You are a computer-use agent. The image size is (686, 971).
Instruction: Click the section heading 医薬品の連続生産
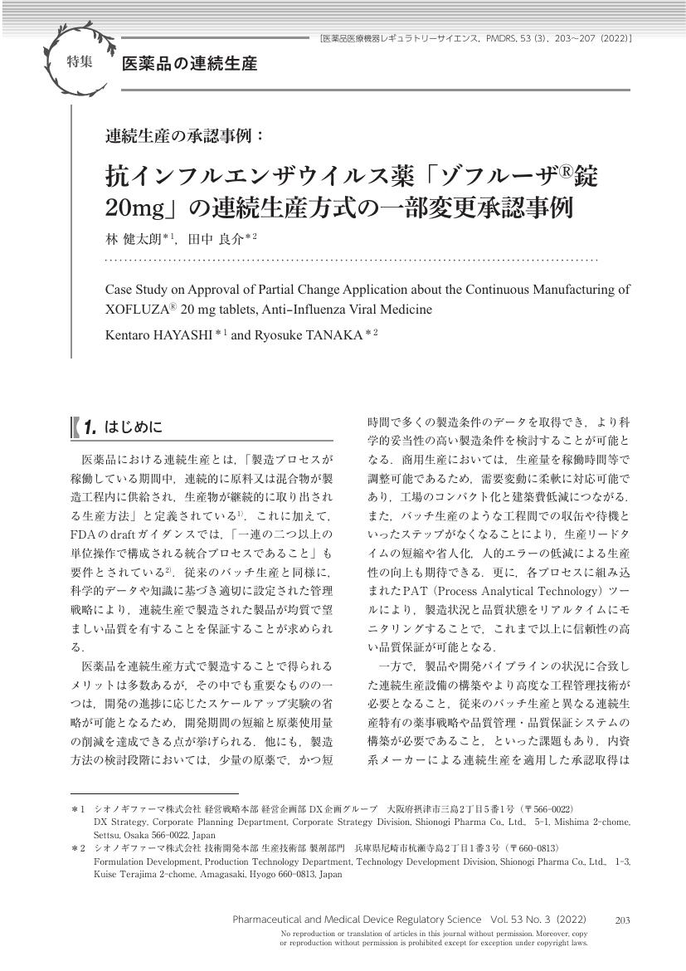189,64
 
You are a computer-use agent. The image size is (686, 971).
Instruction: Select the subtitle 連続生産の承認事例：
185,135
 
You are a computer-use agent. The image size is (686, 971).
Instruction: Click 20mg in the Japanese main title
136,206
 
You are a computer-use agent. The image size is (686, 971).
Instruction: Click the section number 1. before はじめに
90,428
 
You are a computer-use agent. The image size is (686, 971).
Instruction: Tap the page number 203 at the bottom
623,920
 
